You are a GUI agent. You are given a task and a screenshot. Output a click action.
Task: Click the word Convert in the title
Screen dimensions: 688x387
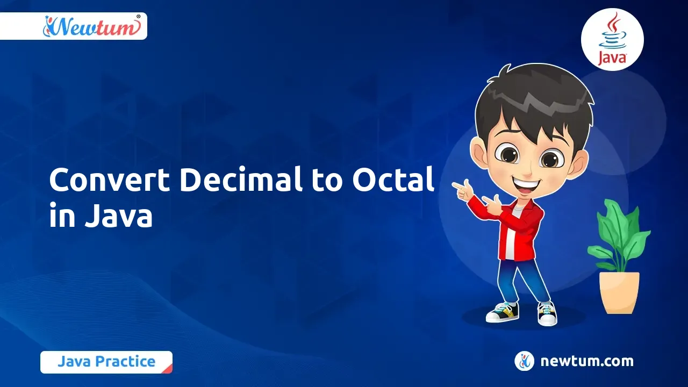click(x=109, y=180)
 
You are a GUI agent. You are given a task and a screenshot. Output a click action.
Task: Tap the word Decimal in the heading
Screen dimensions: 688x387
click(x=240, y=180)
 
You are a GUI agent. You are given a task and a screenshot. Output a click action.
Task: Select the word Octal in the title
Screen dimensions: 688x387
click(x=393, y=180)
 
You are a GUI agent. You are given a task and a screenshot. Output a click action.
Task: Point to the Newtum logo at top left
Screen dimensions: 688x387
click(x=92, y=27)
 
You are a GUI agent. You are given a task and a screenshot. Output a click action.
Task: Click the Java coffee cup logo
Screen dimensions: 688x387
click(x=612, y=39)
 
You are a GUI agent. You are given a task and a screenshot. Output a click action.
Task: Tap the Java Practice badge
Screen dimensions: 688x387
click(x=106, y=362)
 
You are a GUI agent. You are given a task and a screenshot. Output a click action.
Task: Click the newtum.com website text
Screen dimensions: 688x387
click(x=587, y=361)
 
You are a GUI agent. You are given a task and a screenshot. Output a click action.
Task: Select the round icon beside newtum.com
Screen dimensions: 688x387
click(x=524, y=361)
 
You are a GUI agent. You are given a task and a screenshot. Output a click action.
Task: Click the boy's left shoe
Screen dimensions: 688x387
click(x=547, y=313)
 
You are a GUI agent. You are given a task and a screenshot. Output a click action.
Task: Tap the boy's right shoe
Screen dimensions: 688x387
click(x=503, y=312)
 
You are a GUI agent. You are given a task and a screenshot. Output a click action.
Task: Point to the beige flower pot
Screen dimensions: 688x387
click(x=619, y=293)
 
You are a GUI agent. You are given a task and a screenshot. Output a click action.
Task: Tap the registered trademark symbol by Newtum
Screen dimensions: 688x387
click(x=138, y=17)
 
